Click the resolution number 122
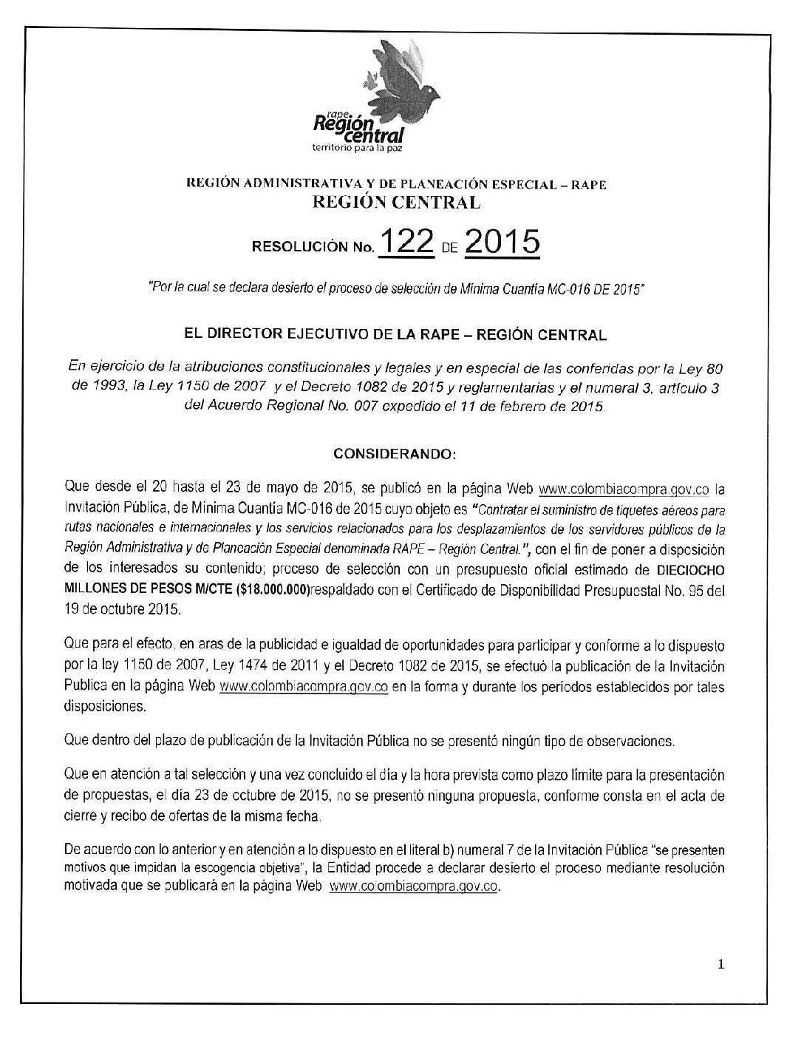pos(405,245)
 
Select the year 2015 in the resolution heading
pos(503,245)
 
